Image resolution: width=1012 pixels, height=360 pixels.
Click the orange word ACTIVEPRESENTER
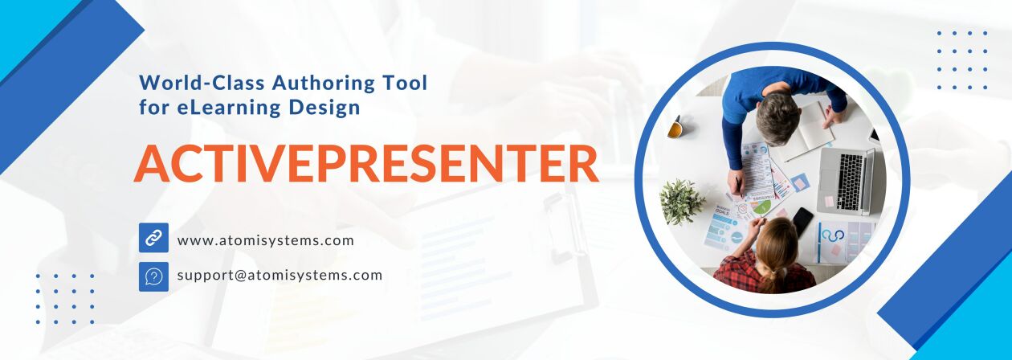(366, 163)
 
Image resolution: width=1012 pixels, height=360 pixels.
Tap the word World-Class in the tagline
(201, 83)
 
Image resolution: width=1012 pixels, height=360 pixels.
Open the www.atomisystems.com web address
(265, 240)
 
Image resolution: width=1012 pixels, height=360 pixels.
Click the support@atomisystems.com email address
(280, 275)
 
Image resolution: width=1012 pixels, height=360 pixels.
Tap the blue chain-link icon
(153, 237)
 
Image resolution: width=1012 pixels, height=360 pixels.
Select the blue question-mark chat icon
(153, 276)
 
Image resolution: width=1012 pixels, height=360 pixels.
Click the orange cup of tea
(675, 128)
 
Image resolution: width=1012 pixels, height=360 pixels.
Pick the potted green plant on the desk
(681, 202)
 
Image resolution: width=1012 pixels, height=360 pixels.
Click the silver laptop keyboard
(851, 181)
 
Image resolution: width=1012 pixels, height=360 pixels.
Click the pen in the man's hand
(738, 186)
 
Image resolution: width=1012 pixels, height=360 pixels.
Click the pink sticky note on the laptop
(829, 201)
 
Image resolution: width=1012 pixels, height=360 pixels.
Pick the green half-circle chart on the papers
(763, 208)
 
